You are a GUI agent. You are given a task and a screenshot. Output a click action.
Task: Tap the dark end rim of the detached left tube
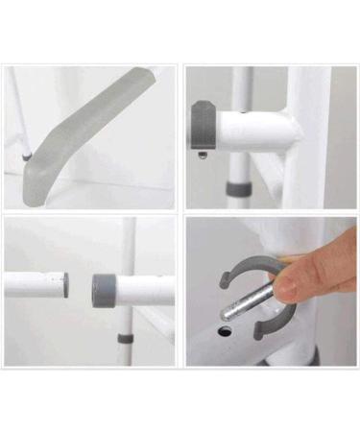point(65,284)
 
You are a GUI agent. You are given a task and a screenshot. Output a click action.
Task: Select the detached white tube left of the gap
point(34,284)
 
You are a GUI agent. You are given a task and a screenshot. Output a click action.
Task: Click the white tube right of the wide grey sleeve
point(149,290)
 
